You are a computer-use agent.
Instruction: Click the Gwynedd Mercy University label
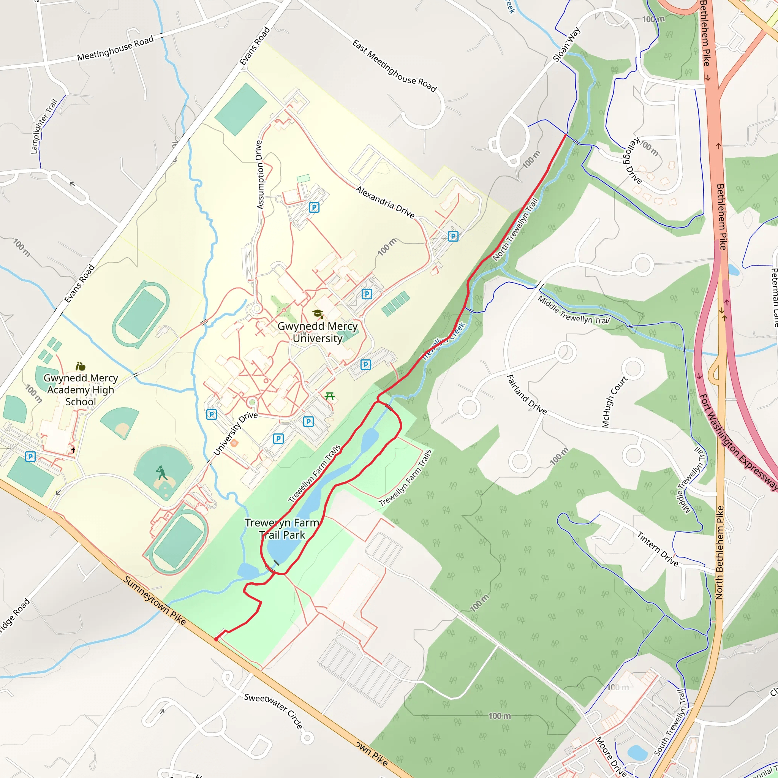pos(317,332)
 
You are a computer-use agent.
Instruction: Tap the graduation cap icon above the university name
pos(318,314)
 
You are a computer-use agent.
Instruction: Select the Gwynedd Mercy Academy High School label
pos(81,389)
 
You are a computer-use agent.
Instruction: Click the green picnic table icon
pos(330,396)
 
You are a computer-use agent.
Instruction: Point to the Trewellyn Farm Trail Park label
pos(282,529)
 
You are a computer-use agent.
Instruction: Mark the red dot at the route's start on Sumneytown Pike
pos(216,639)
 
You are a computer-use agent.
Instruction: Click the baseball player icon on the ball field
pos(162,473)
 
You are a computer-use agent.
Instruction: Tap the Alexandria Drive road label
pos(385,202)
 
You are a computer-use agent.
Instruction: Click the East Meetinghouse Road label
pos(394,66)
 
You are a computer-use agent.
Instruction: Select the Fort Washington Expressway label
pos(738,441)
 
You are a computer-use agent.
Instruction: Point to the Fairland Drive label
pos(526,395)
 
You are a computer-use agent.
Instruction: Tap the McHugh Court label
pos(615,402)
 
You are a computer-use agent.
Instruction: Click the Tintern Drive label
pos(658,549)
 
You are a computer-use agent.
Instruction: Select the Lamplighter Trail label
pos(44,126)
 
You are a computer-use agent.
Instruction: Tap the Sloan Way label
pos(566,45)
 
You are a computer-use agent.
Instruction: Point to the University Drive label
pos(235,433)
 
